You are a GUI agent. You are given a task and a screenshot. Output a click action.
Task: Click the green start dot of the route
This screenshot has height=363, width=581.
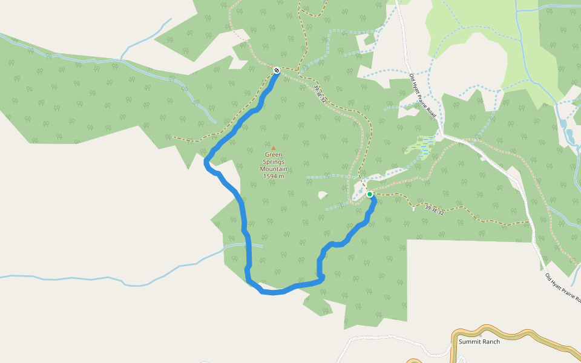370,194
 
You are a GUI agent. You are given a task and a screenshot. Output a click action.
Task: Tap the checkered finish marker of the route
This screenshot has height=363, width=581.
277,71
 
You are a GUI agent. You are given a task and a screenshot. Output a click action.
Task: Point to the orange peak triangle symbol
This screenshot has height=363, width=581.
274,148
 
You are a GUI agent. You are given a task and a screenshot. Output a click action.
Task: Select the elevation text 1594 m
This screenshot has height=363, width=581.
274,176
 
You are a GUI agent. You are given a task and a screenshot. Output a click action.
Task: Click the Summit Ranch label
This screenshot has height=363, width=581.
479,342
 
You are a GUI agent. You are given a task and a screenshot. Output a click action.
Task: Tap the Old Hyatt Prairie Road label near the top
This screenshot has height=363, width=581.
422,95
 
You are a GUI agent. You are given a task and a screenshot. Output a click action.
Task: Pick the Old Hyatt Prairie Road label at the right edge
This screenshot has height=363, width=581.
563,288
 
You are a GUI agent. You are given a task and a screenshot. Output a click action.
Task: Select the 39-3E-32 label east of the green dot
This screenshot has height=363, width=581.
434,210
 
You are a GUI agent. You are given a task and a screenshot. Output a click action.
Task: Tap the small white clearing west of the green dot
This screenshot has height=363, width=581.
323,195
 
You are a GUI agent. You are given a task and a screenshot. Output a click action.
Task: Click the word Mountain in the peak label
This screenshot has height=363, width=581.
274,169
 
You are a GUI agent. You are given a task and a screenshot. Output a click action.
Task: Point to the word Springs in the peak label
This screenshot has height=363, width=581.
274,162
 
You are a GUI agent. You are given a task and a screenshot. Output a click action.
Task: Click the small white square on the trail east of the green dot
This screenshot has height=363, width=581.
413,209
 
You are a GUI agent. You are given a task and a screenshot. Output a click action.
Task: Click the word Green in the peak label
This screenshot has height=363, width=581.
274,154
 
